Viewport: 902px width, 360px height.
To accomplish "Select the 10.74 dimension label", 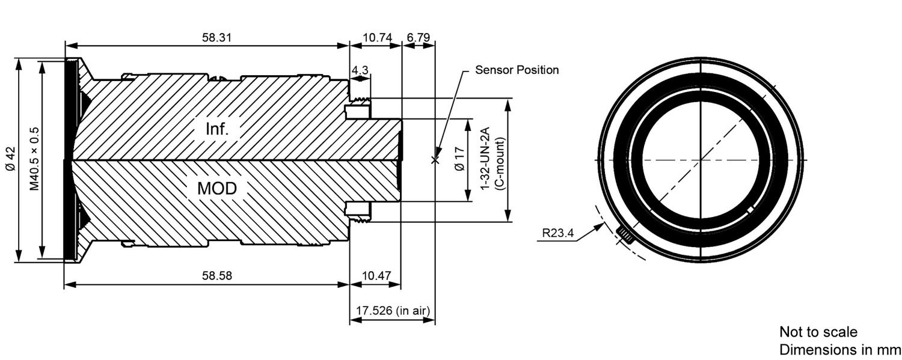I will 377,38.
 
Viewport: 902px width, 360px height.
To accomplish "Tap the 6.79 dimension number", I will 418,38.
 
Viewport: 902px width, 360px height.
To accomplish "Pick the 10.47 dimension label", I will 376,276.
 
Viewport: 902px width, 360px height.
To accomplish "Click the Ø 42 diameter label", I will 10,160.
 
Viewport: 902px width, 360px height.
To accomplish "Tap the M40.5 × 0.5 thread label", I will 34,159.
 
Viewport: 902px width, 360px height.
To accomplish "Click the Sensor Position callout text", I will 517,70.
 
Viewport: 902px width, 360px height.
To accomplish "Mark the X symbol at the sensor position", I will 435,160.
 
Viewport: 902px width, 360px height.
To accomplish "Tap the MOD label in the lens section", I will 217,188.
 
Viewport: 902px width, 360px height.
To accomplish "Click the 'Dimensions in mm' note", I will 840,350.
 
